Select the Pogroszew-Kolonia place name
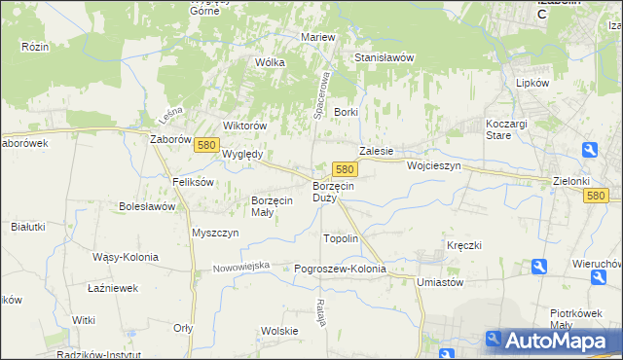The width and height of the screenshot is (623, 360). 340,269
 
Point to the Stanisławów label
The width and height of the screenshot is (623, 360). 384,57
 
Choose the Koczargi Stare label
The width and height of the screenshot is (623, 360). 505,129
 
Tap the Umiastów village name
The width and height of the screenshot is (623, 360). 438,281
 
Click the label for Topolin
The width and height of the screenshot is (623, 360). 341,238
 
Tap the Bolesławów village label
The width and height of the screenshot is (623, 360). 147,206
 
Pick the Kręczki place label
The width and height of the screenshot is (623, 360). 465,245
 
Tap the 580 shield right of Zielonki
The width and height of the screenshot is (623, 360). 597,196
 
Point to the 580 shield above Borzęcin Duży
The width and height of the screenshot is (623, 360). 343,168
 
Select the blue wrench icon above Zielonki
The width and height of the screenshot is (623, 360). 590,149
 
